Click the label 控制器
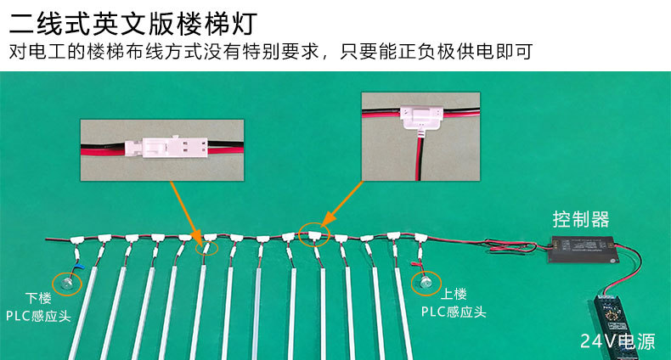[581, 220]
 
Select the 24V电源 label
[617, 342]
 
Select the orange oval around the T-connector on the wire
[315, 235]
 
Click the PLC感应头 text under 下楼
[38, 316]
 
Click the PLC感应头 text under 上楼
[454, 312]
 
